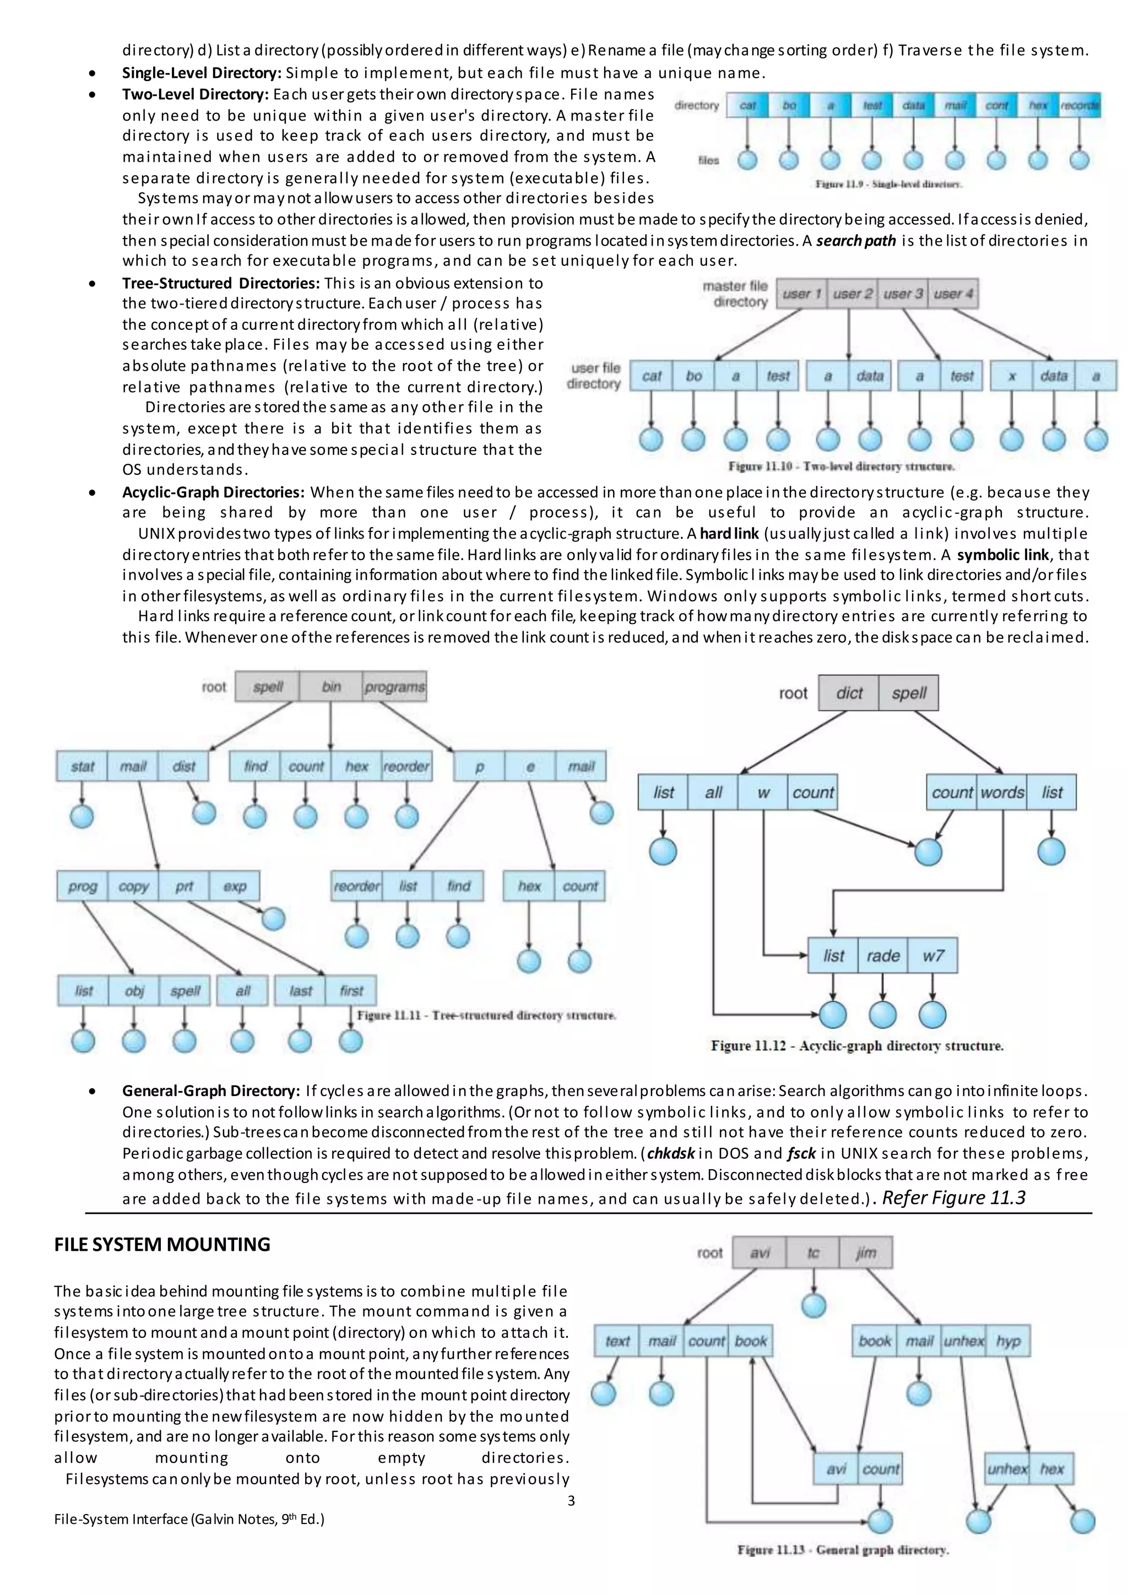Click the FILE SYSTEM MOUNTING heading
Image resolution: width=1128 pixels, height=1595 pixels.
pyautogui.click(x=162, y=1244)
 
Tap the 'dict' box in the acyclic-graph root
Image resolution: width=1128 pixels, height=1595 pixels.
pyautogui.click(x=849, y=693)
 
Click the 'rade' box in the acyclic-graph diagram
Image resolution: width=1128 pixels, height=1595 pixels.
pyautogui.click(x=883, y=956)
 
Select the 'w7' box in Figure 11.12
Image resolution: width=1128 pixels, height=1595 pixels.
pyautogui.click(x=933, y=956)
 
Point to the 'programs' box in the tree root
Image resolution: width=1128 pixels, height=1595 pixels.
pyautogui.click(x=394, y=686)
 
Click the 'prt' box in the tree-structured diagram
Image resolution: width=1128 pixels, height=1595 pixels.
pyautogui.click(x=184, y=886)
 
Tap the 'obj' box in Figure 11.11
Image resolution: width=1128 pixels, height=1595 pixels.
pyautogui.click(x=134, y=991)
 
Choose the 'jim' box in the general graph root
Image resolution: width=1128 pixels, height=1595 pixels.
pyautogui.click(x=865, y=1252)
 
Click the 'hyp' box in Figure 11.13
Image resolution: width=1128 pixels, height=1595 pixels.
pyautogui.click(x=1008, y=1341)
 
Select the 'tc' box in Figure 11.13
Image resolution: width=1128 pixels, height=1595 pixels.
pyautogui.click(x=812, y=1252)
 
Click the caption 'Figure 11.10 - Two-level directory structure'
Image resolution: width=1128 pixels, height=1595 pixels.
pyautogui.click(x=840, y=466)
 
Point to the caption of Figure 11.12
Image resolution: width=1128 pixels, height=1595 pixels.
pyautogui.click(x=856, y=1045)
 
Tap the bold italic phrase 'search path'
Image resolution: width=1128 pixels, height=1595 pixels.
pyautogui.click(x=856, y=240)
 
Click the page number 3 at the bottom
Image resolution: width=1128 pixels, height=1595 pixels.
pyautogui.click(x=571, y=1500)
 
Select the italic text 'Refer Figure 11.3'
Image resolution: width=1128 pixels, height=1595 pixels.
pyautogui.click(x=953, y=1198)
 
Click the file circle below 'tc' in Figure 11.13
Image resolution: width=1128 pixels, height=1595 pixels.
pyautogui.click(x=814, y=1305)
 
